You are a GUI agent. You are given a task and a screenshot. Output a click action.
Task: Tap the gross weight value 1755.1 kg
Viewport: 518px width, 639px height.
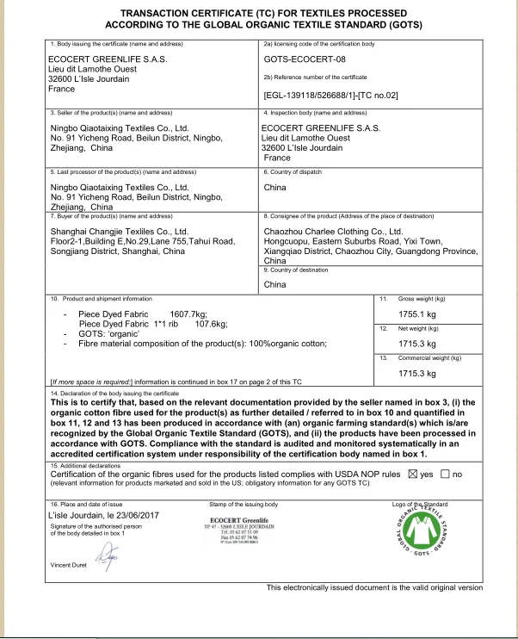(x=421, y=314)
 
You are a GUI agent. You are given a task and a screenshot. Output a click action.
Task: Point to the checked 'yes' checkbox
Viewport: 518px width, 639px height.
(x=410, y=474)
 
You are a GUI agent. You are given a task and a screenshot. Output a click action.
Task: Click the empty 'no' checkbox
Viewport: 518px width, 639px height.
(x=445, y=474)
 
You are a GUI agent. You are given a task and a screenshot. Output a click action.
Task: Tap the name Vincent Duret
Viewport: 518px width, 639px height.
(x=69, y=564)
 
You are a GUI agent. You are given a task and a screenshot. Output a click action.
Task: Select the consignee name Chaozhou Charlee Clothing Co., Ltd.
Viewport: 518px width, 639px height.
(x=333, y=232)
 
